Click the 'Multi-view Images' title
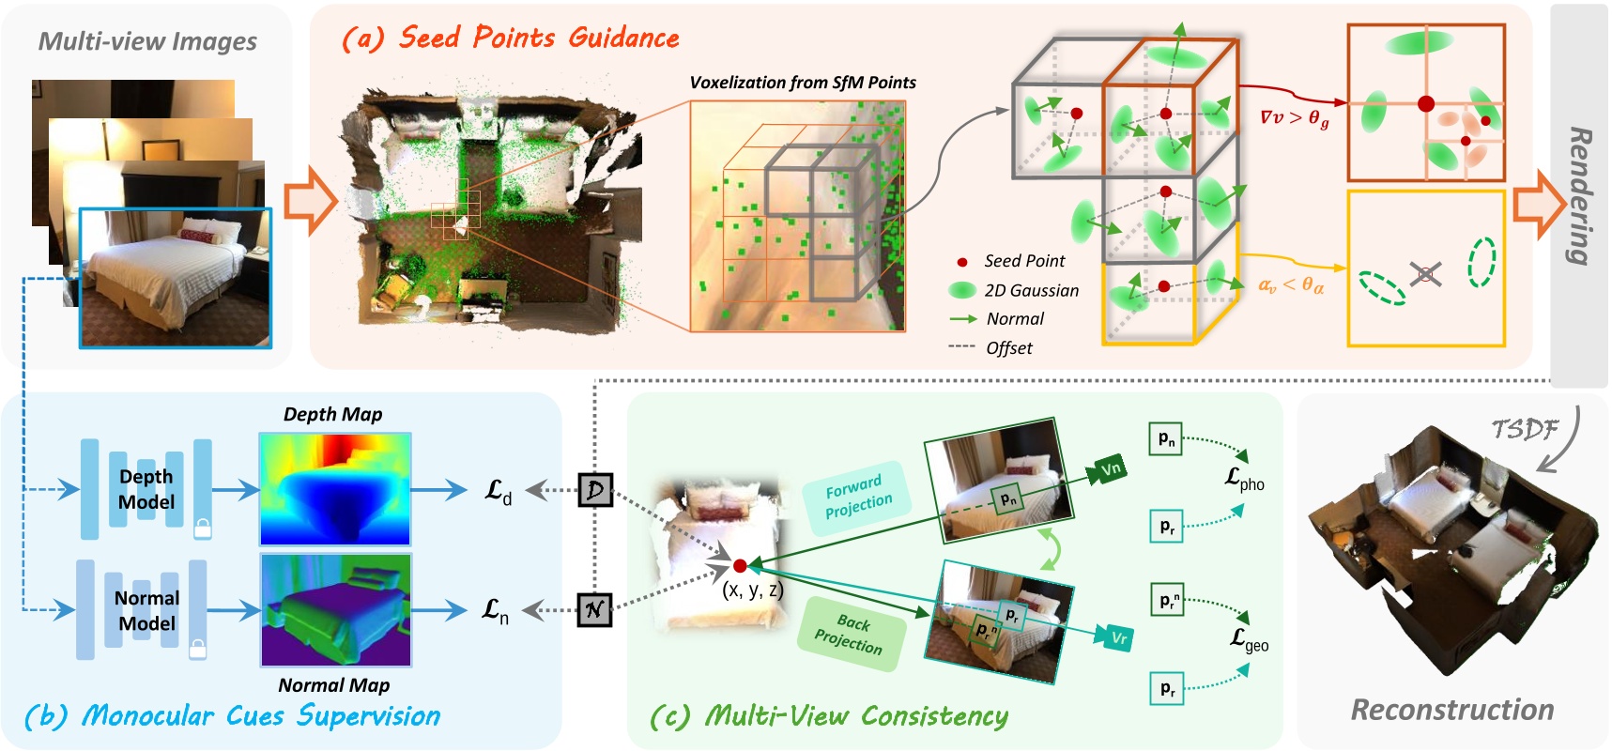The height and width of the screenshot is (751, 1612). (x=147, y=41)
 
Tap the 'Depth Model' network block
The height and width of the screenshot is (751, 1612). (x=146, y=489)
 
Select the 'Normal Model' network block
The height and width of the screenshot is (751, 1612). (x=146, y=610)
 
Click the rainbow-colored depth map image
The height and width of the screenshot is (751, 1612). (x=335, y=489)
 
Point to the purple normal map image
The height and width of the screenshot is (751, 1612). (x=335, y=610)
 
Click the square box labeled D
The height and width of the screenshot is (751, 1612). (x=595, y=490)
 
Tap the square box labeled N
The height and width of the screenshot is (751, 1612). (x=594, y=610)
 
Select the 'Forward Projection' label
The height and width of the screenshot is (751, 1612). (x=857, y=498)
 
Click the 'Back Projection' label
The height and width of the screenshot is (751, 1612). (x=850, y=634)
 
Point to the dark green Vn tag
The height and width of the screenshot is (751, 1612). (x=1110, y=468)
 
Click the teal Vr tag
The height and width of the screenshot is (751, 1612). (x=1117, y=638)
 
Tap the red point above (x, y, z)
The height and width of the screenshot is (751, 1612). (x=740, y=566)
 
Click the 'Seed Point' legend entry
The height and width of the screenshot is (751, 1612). (x=1023, y=261)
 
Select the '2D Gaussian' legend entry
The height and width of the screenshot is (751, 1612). (x=1030, y=290)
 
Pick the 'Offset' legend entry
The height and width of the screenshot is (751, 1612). (x=1008, y=347)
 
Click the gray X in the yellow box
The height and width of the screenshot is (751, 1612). (x=1425, y=274)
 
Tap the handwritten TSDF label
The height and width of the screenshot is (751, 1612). (x=1525, y=429)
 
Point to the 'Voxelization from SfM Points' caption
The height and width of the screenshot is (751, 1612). (x=803, y=83)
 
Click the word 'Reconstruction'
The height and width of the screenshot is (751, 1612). (x=1451, y=710)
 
